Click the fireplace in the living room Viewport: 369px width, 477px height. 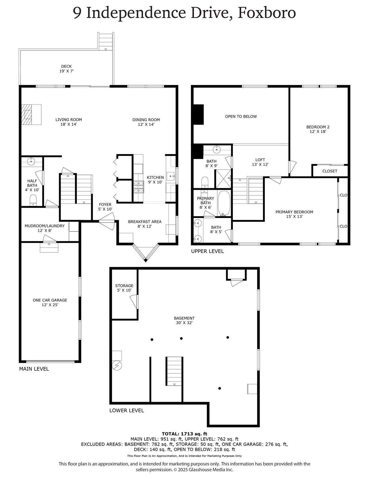[x=31, y=114]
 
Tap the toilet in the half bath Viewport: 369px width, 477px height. [x=33, y=200]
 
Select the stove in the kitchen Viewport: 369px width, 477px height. [x=139, y=187]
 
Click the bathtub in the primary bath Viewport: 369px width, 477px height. [x=224, y=203]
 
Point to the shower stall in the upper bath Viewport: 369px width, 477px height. [x=224, y=179]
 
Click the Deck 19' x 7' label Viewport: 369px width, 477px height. [x=66, y=69]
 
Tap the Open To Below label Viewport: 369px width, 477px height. [x=241, y=116]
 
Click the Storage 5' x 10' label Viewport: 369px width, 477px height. [x=124, y=288]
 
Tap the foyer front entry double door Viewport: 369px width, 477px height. [x=107, y=221]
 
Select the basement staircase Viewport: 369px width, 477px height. [x=174, y=371]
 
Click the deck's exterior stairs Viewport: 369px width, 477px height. [x=106, y=41]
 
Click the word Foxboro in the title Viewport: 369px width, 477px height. [x=267, y=13]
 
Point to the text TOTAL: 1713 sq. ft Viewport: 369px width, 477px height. [x=185, y=434]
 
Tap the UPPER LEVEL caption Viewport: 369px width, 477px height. [x=207, y=251]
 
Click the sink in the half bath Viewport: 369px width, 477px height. [x=31, y=161]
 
